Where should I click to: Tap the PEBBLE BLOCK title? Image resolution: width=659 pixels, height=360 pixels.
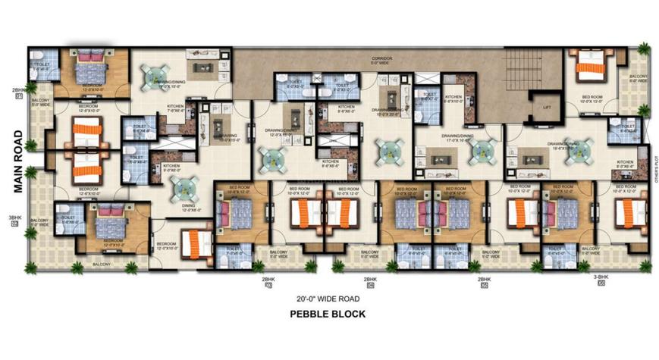coord(328,314)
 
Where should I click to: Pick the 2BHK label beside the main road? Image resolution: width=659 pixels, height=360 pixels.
coord(15,90)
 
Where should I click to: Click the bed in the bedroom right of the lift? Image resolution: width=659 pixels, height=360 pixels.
coord(590,66)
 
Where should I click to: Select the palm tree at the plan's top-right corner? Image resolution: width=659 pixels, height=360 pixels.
coord(644,49)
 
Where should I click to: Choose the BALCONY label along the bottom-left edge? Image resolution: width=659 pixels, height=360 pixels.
coord(102,264)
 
